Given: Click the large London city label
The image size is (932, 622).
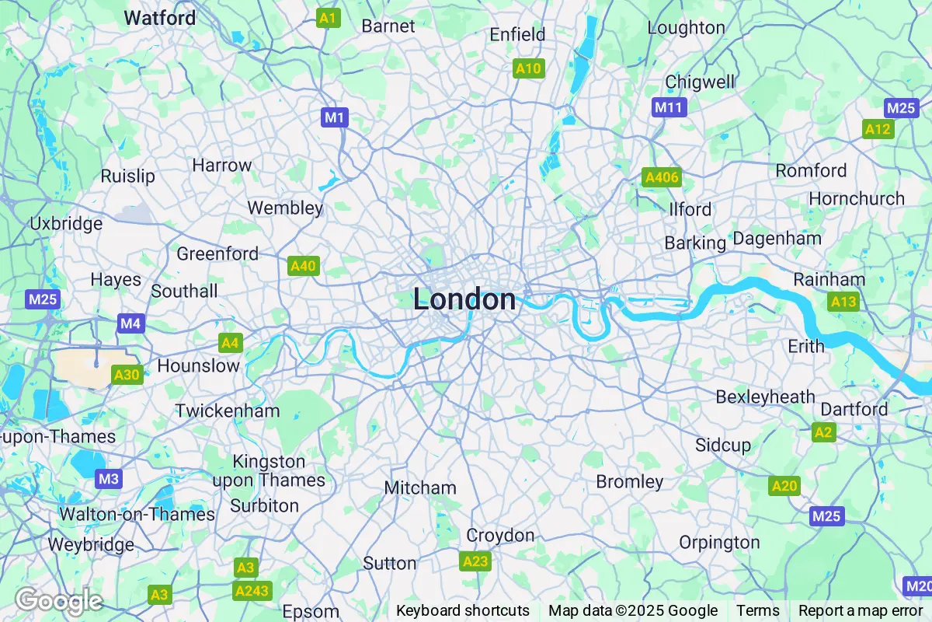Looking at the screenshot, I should (464, 299).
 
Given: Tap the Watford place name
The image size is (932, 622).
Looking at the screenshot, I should (160, 17).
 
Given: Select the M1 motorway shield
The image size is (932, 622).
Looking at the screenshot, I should (335, 117).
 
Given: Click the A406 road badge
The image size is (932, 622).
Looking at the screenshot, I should (662, 178).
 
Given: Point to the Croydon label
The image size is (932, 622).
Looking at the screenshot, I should (500, 536).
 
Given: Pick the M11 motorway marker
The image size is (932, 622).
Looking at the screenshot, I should (669, 107).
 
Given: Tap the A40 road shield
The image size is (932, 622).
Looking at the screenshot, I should (303, 266).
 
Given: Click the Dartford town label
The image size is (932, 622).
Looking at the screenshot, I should (854, 409).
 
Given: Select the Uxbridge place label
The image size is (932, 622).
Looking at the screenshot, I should (66, 224).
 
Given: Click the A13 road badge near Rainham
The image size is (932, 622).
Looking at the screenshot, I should (843, 302).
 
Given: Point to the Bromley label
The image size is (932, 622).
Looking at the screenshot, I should (630, 482).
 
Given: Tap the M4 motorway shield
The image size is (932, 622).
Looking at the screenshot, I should (130, 322).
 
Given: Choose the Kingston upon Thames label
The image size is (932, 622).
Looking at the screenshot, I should (269, 471).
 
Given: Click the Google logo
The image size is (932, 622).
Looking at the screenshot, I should (59, 600).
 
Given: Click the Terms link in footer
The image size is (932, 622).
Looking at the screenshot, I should (757, 610).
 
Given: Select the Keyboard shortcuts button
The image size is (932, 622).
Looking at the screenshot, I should (463, 610).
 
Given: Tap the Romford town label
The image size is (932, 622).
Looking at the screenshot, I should (811, 170).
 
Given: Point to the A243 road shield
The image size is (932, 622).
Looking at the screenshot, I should (252, 591).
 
